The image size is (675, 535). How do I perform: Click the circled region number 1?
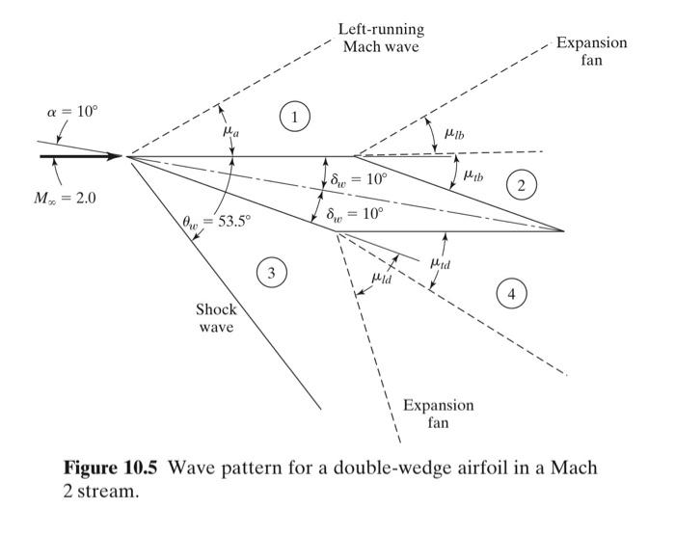coord(295,118)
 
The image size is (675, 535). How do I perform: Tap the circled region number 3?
coord(271,274)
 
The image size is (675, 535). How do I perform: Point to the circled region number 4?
coord(512,294)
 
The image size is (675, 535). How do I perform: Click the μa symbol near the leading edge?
coord(229,138)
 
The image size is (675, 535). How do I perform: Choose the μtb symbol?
coord(473,175)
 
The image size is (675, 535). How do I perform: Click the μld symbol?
coord(383,279)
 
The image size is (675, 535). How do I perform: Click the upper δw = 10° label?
coord(358,178)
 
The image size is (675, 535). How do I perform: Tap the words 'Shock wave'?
coord(216,318)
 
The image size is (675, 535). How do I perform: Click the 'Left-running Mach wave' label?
coord(382,38)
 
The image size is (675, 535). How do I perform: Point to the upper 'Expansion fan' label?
coord(591,51)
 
